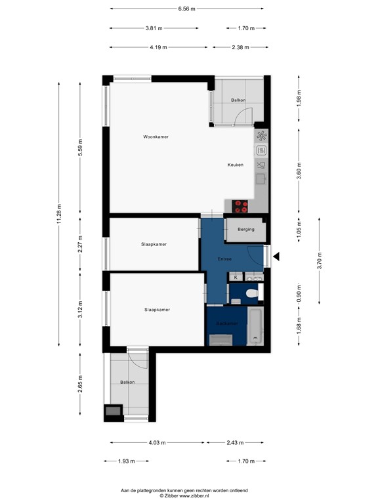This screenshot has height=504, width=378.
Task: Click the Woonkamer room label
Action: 156,136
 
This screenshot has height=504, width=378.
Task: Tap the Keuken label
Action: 236,165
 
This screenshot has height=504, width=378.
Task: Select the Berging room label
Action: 246,230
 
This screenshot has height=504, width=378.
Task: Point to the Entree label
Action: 225,259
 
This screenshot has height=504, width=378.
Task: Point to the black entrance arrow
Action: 276,257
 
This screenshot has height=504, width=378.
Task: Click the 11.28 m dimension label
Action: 60,214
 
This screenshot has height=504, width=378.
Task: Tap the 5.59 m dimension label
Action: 81,150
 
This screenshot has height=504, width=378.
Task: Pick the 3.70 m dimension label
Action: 320,261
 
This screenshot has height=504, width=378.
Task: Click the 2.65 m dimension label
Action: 81,382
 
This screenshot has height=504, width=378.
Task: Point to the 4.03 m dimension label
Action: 157,442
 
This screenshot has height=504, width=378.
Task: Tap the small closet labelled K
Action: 236,278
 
